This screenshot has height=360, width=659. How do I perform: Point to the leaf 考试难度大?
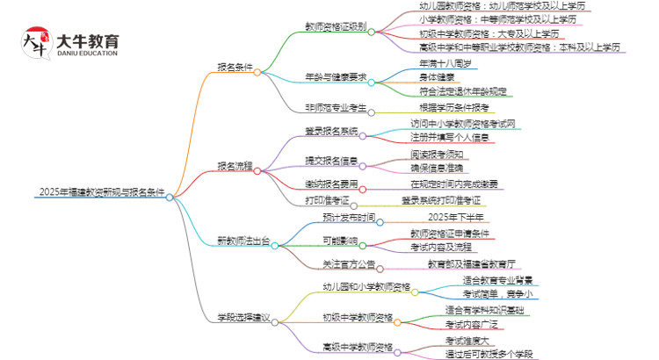(467, 339)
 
